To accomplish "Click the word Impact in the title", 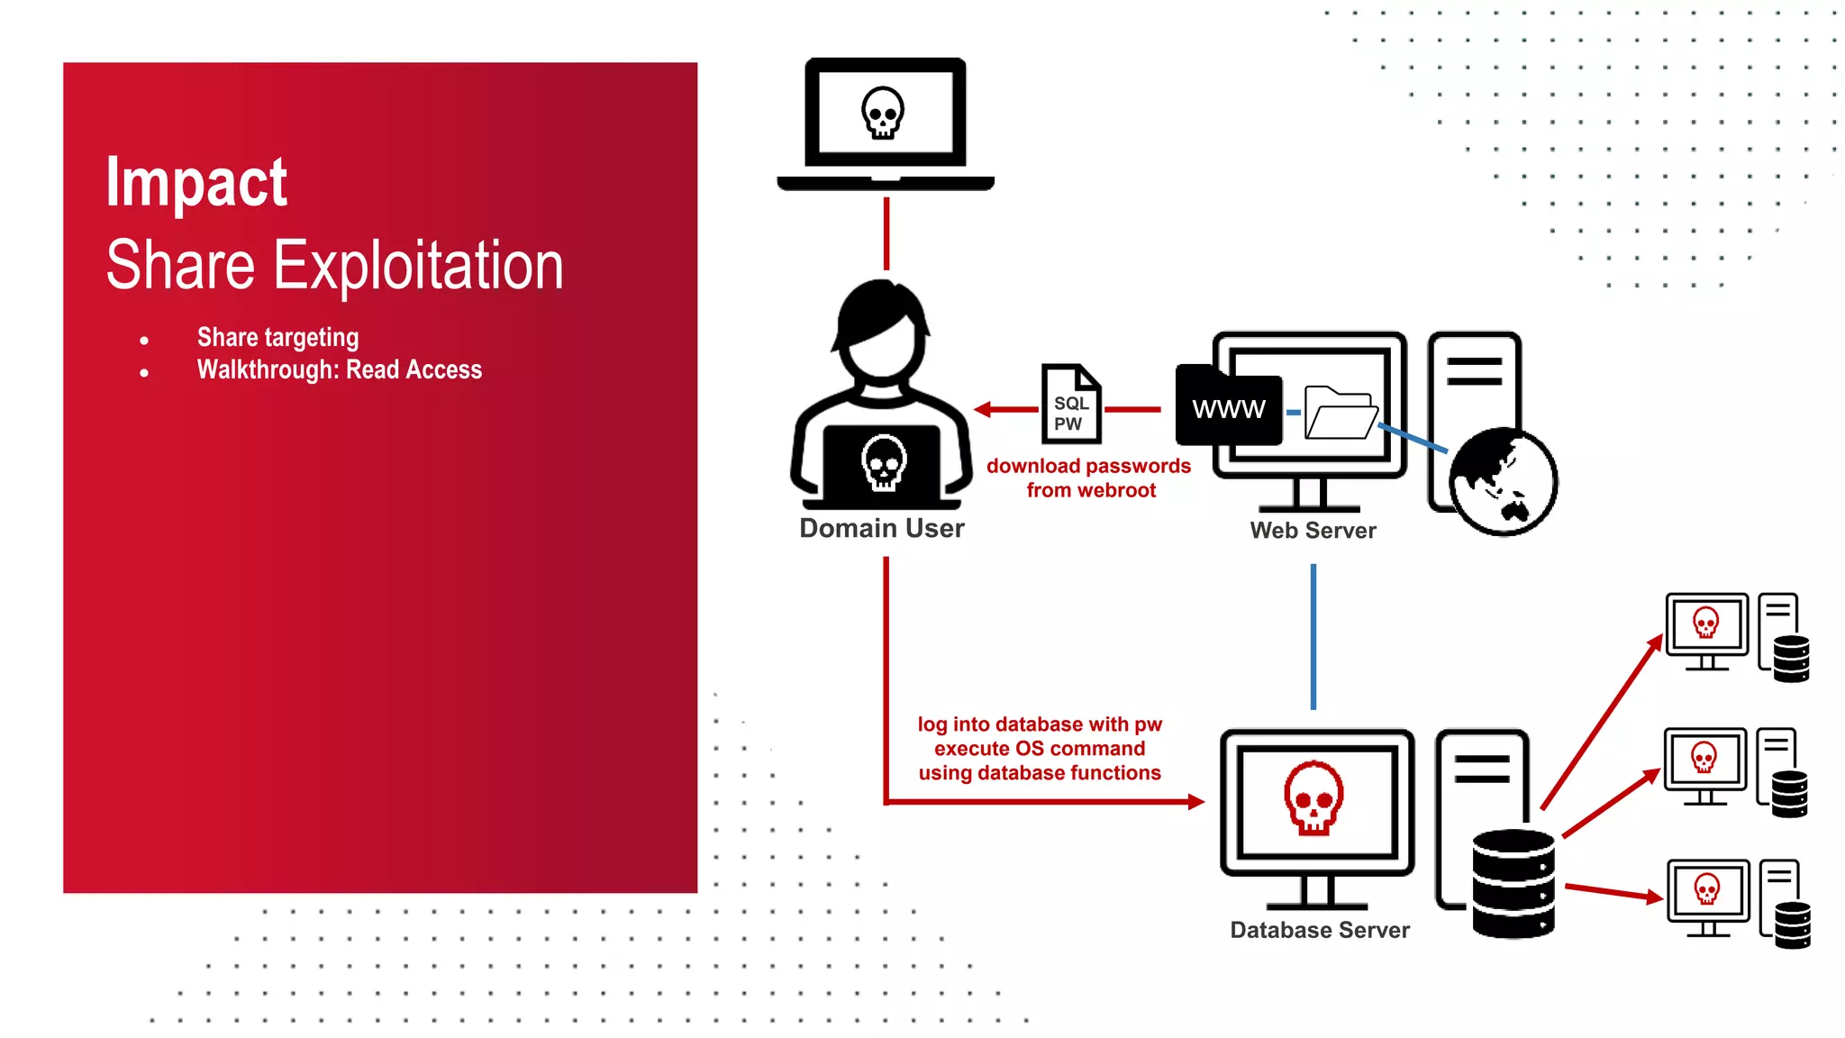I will pos(196,183).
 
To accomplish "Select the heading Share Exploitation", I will pos(334,266).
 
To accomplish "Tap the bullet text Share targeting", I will pos(277,338).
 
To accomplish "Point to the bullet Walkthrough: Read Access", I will pos(339,370).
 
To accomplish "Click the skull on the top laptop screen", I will pos(883,113).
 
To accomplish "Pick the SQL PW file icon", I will pos(1071,405).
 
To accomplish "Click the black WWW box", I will pos(1229,409).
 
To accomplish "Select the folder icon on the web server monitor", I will pos(1341,413).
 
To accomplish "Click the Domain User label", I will pos(881,528).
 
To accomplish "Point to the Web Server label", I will pos(1313,531).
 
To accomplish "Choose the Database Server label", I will pos(1320,930).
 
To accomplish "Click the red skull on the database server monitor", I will pos(1313,798).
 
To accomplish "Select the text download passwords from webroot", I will pos(1089,478).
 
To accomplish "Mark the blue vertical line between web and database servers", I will pos(1313,636).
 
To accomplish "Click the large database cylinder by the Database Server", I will pos(1513,883).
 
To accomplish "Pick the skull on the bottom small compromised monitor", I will pos(1706,890).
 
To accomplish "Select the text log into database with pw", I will pos(1040,724).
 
